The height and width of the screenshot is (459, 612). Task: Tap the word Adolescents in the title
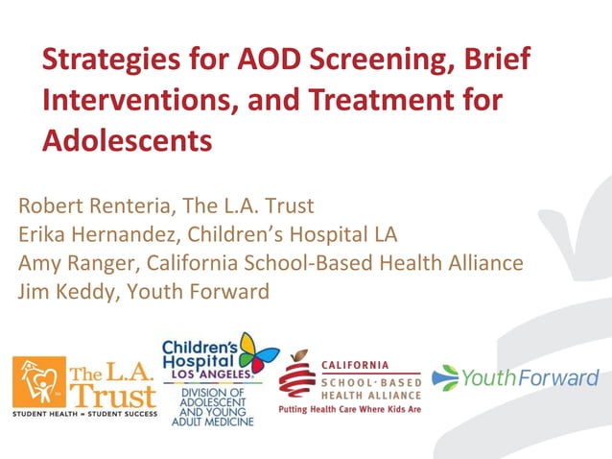[x=127, y=140]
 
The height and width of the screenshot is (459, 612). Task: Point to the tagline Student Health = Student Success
[x=84, y=414]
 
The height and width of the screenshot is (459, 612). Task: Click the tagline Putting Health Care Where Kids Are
[x=350, y=409]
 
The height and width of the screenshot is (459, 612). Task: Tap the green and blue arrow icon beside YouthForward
[x=446, y=377]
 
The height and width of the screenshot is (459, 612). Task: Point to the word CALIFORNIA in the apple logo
[x=355, y=364]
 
